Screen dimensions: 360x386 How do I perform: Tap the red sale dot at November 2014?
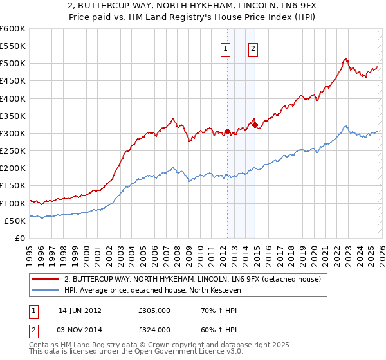pyautogui.click(x=255, y=125)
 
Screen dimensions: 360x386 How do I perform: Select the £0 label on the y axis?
pyautogui.click(x=20, y=238)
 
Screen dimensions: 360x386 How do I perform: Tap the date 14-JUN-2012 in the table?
pyautogui.click(x=80, y=310)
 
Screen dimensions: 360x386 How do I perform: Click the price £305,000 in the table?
pyautogui.click(x=154, y=310)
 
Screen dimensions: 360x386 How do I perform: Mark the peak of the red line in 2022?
pyautogui.click(x=345, y=59)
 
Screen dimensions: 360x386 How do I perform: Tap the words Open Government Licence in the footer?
pyautogui.click(x=174, y=352)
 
